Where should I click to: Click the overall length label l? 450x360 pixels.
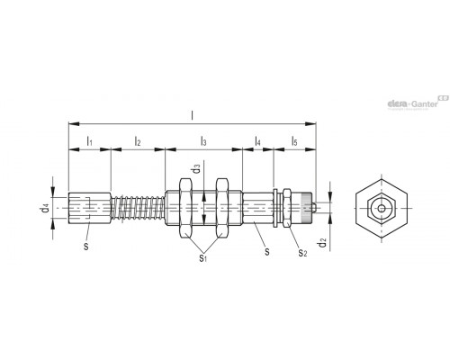pos(192,115)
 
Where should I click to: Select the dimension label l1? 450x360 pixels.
pos(89,140)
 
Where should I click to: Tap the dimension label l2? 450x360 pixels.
pos(138,140)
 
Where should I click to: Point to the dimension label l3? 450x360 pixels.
pos(203,140)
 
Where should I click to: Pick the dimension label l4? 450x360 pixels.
pos(257,140)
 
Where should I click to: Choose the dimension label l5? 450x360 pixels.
pos(294,140)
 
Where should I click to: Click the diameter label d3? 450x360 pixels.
pos(196,168)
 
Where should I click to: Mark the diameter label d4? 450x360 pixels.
pos(45,208)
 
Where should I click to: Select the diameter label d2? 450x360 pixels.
pos(322,242)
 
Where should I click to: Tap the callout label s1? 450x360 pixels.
pos(203,257)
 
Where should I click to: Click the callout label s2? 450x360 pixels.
pos(302,253)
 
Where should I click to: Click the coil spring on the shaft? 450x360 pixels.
pos(138,208)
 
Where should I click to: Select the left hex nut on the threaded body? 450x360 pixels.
pos(185,208)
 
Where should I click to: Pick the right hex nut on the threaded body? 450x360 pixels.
pos(222,208)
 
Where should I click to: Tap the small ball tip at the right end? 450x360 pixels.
pos(313,208)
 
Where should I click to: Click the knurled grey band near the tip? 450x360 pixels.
pos(307,208)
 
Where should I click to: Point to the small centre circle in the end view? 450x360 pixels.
pos(382,209)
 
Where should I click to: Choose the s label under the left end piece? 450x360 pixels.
pos(86,247)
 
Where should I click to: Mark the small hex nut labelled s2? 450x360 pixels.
pos(287,208)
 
